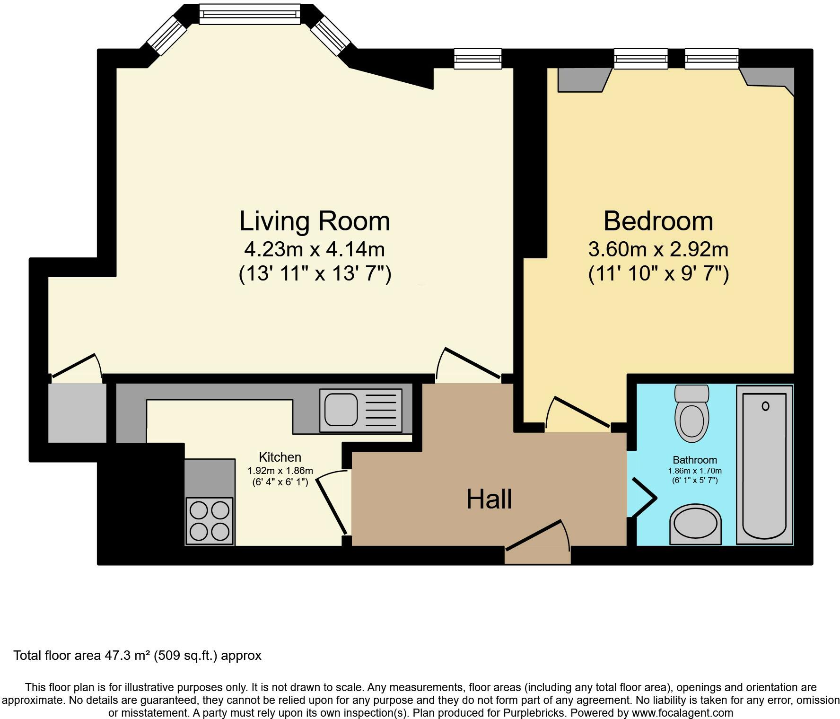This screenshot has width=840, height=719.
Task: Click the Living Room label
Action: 315,221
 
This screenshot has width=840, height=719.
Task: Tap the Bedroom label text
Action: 658,221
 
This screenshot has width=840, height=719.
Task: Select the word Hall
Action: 489,499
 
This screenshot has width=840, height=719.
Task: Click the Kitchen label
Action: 280,457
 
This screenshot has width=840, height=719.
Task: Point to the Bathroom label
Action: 695,460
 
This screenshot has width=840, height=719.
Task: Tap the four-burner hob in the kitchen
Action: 210,521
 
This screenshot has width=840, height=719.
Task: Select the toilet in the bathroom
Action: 691,413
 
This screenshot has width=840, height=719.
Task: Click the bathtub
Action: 764,465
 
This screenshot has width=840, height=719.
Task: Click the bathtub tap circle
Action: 765,406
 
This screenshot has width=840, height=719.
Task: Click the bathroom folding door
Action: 643,497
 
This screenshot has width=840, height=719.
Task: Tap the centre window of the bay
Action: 249,14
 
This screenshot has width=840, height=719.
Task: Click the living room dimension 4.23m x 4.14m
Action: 314,249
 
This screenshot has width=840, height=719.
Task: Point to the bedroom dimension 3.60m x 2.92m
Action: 658,249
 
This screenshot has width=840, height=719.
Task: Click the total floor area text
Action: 137,656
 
